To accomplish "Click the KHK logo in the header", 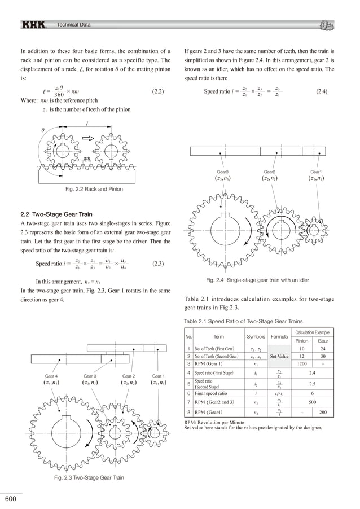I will point(34,24).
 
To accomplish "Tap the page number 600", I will point(11,499).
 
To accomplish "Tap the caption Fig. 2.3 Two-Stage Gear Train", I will point(89,479).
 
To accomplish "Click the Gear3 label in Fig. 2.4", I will point(222,171).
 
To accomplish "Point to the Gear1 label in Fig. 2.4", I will point(316,171).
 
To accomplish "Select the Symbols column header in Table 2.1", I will point(256,337).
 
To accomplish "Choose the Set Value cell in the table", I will point(280,357).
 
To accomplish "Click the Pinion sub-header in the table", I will point(301,341).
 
